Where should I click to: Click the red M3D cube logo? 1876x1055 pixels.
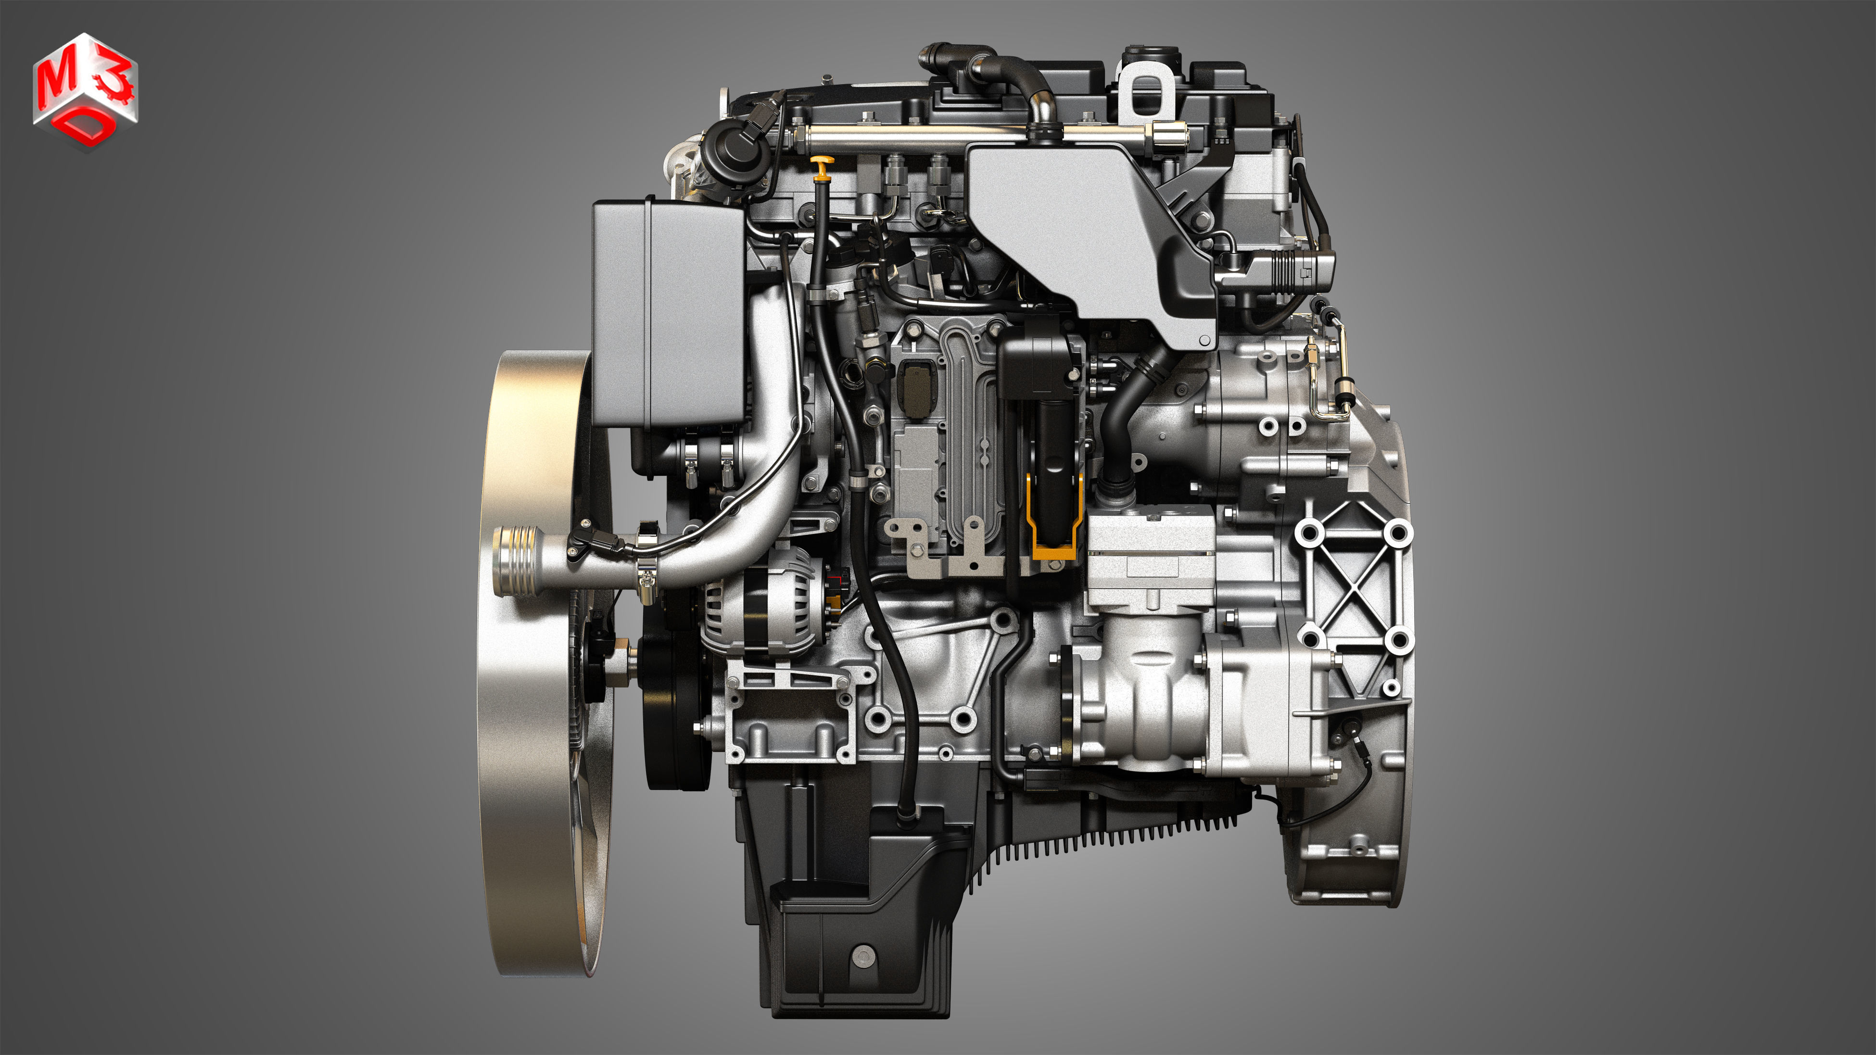click(x=85, y=91)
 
